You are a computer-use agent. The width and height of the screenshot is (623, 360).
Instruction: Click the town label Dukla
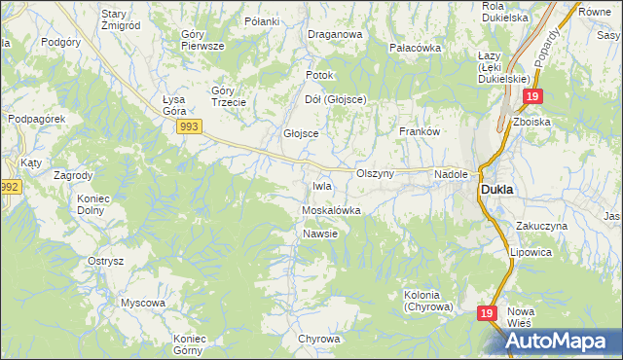point(497,191)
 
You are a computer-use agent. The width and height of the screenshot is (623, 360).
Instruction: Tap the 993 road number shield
point(190,127)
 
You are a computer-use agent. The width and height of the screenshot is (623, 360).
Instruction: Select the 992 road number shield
point(10,187)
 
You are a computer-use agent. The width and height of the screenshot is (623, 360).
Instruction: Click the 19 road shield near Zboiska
point(531,97)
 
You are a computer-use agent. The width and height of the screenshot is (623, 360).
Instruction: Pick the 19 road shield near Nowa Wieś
point(490,314)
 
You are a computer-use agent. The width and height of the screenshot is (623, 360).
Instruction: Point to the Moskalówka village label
point(331,210)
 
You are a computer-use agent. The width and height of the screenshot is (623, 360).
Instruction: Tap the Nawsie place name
point(319,234)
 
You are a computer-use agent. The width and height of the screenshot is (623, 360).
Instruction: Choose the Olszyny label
point(375,173)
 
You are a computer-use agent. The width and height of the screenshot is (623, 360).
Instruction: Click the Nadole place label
point(452,174)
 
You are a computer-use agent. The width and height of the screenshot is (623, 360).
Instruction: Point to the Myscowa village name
point(142,303)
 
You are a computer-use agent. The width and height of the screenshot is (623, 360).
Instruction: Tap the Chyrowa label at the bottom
point(319,339)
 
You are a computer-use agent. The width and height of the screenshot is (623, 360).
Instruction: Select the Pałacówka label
point(415,48)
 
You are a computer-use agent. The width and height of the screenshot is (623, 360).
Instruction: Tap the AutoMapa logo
point(558,340)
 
